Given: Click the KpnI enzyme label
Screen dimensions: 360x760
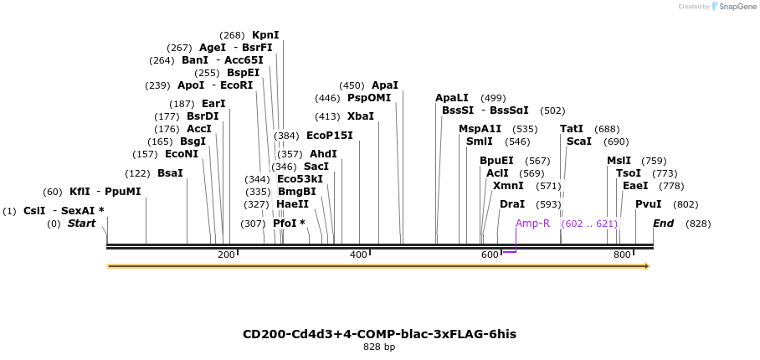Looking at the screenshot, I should click(x=265, y=35).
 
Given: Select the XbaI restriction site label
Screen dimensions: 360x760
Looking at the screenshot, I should click(x=361, y=116).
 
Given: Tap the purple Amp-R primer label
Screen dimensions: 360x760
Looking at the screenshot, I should click(x=532, y=224).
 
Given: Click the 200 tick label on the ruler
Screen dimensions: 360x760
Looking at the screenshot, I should click(x=226, y=255).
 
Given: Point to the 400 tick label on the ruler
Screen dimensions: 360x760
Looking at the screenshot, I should click(x=358, y=255).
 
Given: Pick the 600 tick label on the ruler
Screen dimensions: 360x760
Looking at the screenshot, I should click(x=490, y=255).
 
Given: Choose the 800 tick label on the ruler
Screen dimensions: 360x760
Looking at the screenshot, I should click(x=622, y=255).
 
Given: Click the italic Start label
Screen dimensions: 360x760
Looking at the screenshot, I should click(x=81, y=224).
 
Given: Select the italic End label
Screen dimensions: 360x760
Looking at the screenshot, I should click(x=663, y=224).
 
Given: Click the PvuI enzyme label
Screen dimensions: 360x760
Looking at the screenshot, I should click(x=648, y=204).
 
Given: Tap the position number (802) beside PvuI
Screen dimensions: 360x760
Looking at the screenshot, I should click(x=686, y=204).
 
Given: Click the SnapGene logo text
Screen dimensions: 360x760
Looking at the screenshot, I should click(x=735, y=7).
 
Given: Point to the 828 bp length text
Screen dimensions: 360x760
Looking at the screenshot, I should click(x=379, y=347).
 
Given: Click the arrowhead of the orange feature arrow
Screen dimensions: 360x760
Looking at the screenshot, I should click(x=646, y=266).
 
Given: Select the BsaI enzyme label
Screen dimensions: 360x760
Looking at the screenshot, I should click(x=170, y=173).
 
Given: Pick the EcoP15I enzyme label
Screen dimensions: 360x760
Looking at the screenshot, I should click(x=329, y=136).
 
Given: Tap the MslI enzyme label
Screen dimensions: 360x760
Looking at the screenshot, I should click(x=619, y=161).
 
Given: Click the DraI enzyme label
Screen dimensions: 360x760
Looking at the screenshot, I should click(x=512, y=204).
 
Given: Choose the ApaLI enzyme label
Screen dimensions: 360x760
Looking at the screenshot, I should click(x=452, y=98).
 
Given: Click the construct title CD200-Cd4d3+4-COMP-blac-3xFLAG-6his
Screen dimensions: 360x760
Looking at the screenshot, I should click(x=379, y=334).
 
